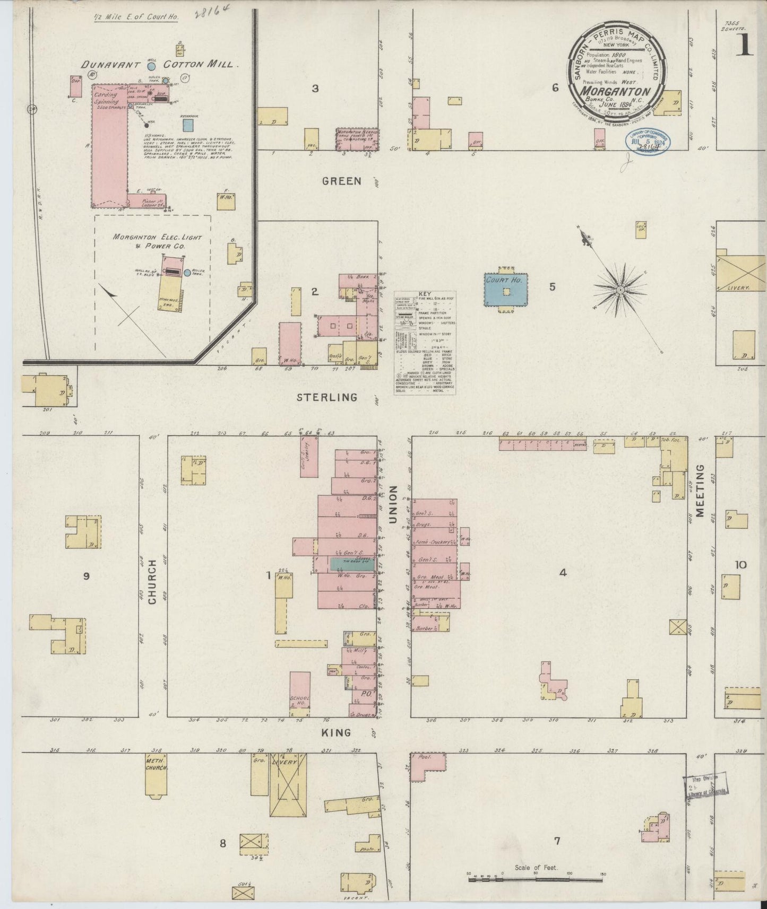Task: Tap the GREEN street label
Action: point(341,181)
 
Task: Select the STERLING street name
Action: point(326,397)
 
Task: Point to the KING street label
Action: point(336,732)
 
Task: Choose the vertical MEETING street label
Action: point(700,491)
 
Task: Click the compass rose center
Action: point(619,290)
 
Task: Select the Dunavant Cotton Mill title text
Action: point(157,65)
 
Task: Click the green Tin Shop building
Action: point(353,564)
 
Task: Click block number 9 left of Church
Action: point(86,576)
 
